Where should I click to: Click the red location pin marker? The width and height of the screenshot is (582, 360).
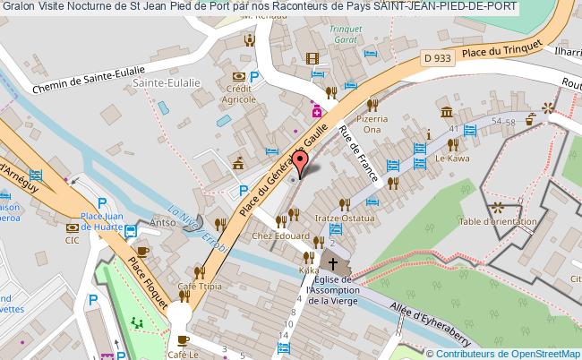(302, 161)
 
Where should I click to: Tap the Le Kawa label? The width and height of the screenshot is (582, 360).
(447, 158)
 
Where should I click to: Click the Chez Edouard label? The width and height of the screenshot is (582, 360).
(273, 236)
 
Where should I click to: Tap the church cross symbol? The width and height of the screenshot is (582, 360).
(333, 264)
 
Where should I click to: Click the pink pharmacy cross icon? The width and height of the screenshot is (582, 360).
(316, 112)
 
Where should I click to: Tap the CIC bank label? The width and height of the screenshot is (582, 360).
(72, 240)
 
